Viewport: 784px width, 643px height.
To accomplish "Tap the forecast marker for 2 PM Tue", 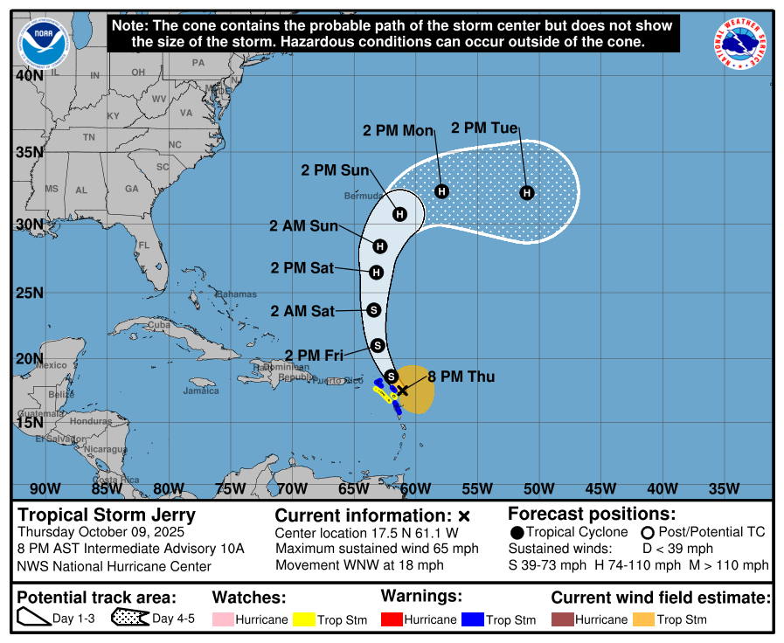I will (x=527, y=192).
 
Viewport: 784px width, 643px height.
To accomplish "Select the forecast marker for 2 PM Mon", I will (x=441, y=191).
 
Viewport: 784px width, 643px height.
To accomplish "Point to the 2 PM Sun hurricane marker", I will (x=399, y=214).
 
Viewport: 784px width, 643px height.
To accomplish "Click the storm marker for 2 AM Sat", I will (x=374, y=309).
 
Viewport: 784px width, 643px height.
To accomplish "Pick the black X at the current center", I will (x=403, y=391).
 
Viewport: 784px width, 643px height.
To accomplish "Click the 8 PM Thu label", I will (x=461, y=377).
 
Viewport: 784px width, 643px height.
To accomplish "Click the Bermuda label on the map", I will (x=363, y=195).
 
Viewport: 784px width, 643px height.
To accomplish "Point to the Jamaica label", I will (x=201, y=391).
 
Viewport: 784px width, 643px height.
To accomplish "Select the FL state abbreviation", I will (x=143, y=245).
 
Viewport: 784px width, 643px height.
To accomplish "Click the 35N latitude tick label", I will (x=31, y=152).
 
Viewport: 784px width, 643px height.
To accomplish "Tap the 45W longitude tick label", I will (x=601, y=487).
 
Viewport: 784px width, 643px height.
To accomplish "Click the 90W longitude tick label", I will (x=45, y=487).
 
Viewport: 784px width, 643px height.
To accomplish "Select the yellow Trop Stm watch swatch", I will (x=303, y=619).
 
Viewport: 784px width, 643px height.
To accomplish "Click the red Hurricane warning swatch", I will (x=392, y=619).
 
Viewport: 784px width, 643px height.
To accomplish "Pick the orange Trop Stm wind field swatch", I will (x=643, y=619).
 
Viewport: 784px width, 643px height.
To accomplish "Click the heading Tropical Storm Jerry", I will (x=107, y=515).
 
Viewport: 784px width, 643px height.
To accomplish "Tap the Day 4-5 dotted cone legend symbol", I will (x=128, y=619).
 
